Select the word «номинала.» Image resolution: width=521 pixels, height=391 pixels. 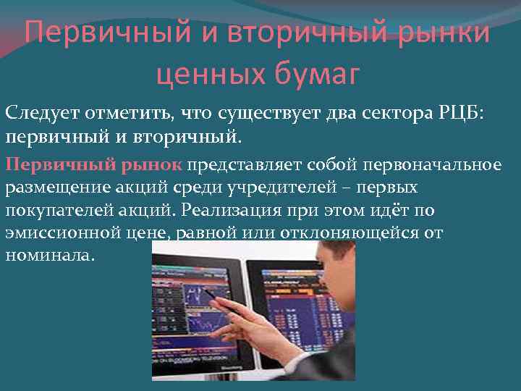pyautogui.click(x=49, y=256)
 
